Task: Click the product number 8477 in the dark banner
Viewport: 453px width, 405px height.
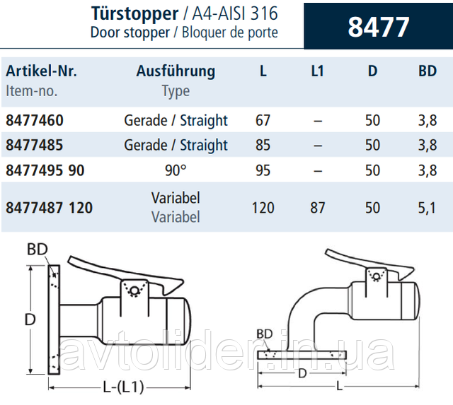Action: coord(379,27)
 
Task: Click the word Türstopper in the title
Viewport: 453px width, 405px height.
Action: coord(135,13)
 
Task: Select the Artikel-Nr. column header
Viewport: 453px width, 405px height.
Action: coord(41,71)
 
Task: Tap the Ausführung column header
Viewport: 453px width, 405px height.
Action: coord(176,71)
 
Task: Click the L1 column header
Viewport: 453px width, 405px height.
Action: coord(317,71)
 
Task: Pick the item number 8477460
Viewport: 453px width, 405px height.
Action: coord(35,120)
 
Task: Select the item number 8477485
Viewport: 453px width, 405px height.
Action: coord(35,145)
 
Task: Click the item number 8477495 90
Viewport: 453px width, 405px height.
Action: coord(45,170)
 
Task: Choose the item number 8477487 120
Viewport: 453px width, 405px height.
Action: coord(49,208)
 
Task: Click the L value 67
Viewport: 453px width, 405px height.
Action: coord(263,120)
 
